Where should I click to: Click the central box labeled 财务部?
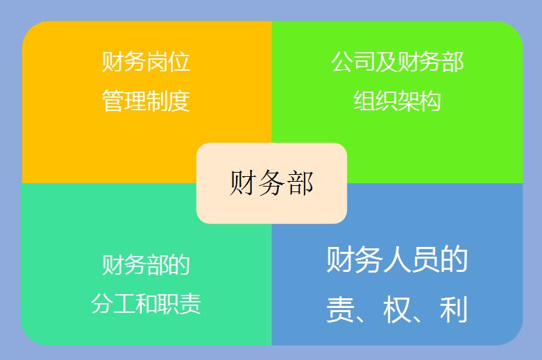tap(271, 183)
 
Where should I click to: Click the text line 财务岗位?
tap(146, 62)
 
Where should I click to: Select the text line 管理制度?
tap(146, 101)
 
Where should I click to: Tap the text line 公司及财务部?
tap(397, 62)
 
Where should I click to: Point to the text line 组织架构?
tap(397, 101)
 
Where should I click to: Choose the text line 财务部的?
tap(146, 264)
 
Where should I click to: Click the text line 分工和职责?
tap(146, 304)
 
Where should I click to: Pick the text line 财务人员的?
tap(397, 260)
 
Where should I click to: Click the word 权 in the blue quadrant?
tap(397, 310)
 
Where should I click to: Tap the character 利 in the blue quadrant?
tap(453, 310)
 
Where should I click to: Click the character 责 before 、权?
tap(340, 310)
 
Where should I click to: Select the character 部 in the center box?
tap(300, 183)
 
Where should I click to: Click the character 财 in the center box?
tap(243, 183)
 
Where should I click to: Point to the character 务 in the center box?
tap(271, 183)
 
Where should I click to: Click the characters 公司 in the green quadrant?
tap(353, 62)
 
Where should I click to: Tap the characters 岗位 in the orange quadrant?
tap(168, 62)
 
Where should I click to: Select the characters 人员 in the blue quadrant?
tap(397, 260)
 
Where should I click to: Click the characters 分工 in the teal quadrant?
tap(113, 304)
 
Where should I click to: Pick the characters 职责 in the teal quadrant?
tap(179, 304)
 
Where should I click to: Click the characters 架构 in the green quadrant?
tap(419, 101)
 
